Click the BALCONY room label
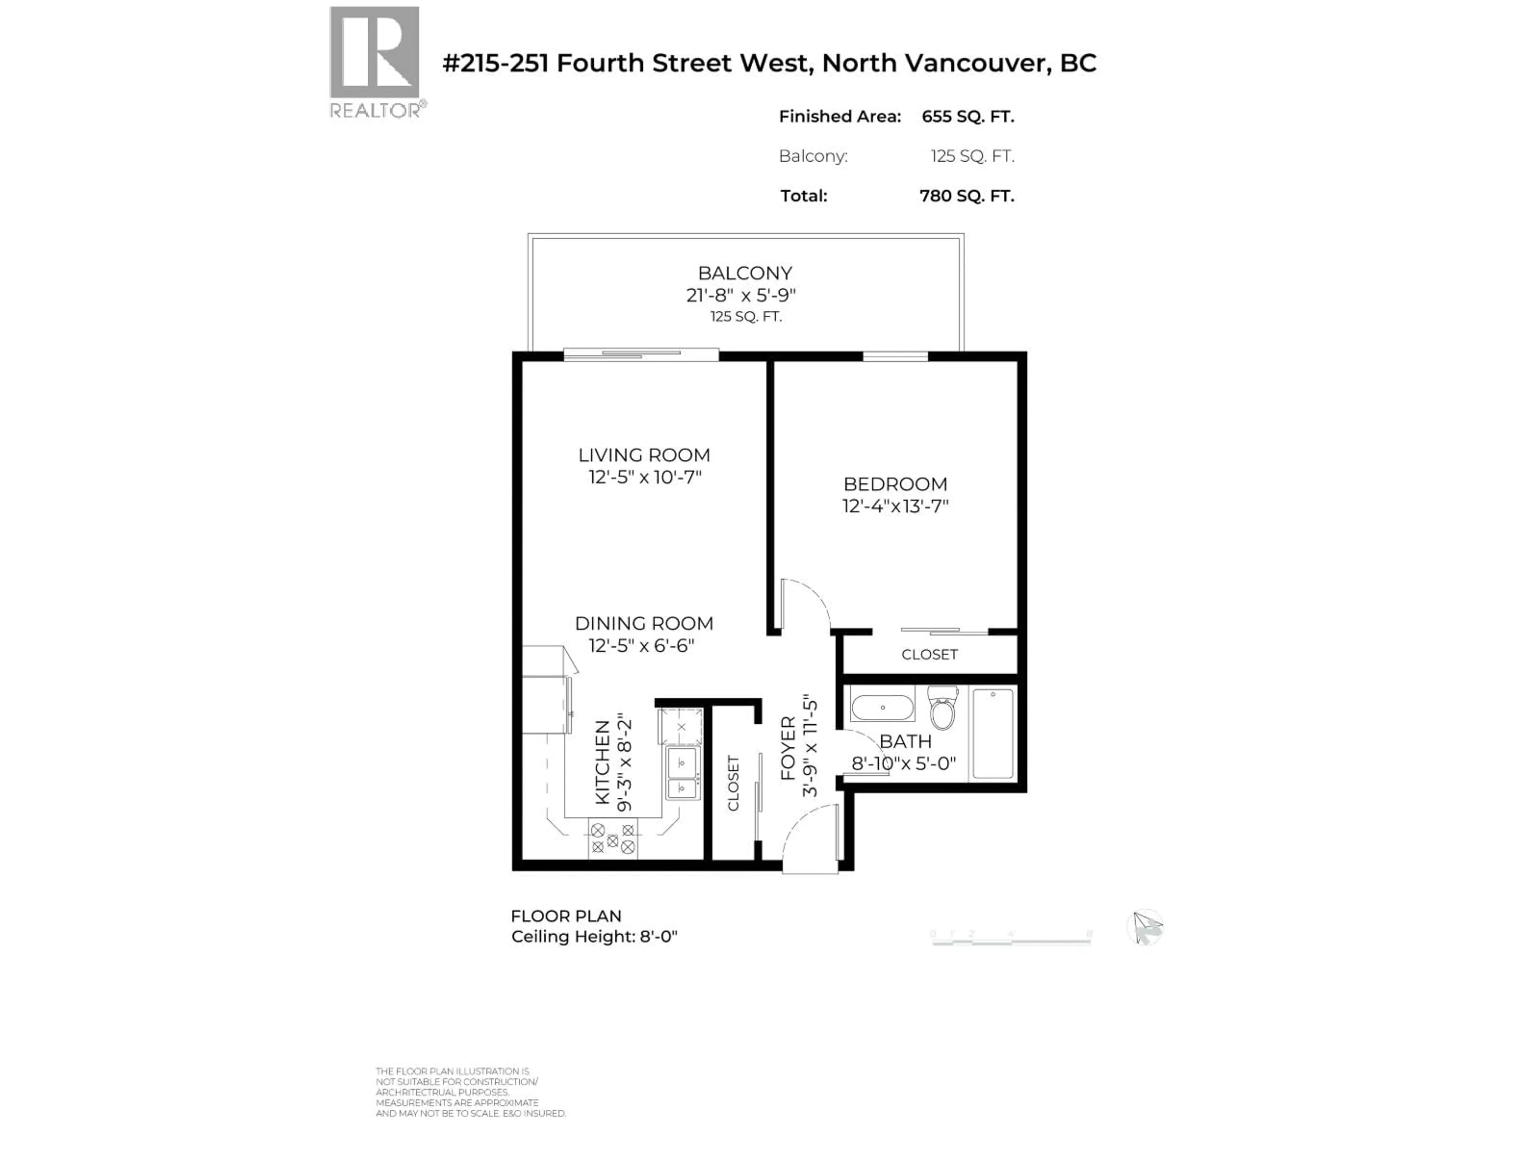click(745, 273)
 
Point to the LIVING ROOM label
click(644, 455)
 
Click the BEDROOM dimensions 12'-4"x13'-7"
click(895, 506)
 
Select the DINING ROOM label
click(644, 623)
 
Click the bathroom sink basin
click(882, 707)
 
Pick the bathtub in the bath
click(993, 733)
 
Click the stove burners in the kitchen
click(613, 839)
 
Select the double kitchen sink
click(682, 773)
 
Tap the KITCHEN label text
click(603, 762)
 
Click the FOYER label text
click(787, 748)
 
